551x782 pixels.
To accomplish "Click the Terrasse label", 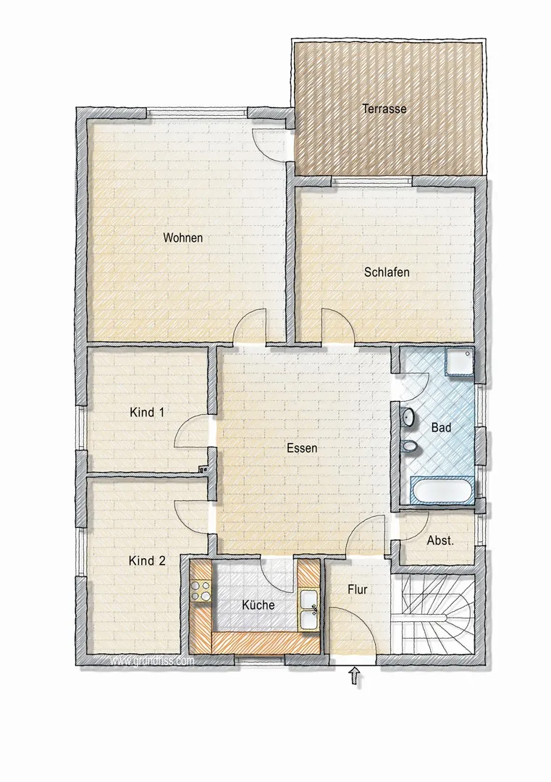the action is (384, 108).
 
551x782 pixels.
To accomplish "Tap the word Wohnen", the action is (183, 237).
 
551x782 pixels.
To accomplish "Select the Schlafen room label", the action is (387, 272).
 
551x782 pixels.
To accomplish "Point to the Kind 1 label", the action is (147, 413).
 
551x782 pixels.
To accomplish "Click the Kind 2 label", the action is (147, 560).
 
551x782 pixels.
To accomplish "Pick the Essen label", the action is (302, 448).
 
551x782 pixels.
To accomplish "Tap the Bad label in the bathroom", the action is (441, 427).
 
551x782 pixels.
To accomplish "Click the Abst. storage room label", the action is (440, 540).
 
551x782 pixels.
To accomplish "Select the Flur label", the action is (358, 589).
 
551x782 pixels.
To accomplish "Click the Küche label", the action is (258, 605).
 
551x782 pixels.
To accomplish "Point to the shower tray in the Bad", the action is (459, 361).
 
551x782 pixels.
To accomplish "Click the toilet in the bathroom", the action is (410, 446).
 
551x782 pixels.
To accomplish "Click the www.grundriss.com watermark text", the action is (151, 661).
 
